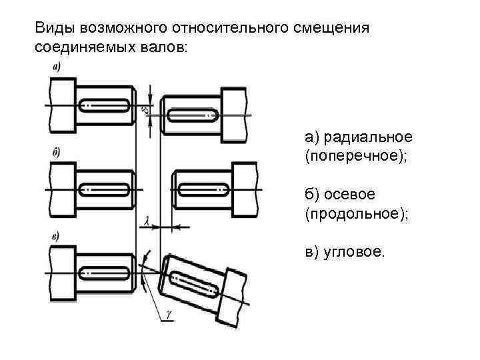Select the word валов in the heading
tap(161, 48)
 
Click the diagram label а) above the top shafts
tap(56, 67)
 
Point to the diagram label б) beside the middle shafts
tap(56, 153)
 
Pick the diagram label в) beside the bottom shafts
tap(56, 235)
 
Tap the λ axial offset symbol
tap(146, 219)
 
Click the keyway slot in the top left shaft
tap(105, 105)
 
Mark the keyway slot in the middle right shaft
tap(203, 190)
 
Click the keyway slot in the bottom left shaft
tap(105, 273)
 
